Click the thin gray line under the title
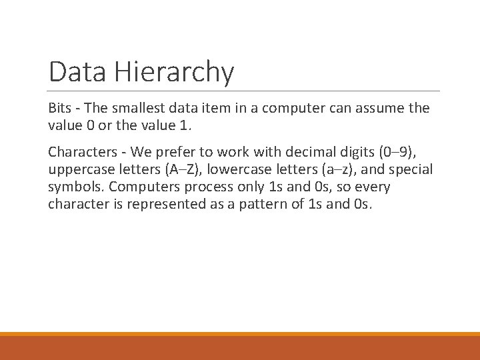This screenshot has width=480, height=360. (x=244, y=91)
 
